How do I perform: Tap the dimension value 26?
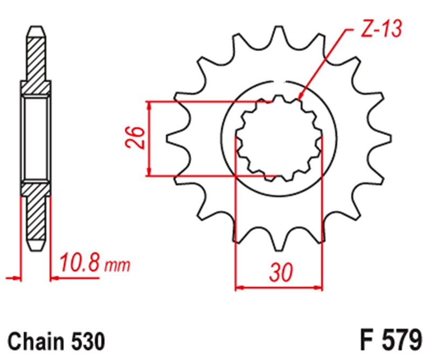[x=135, y=138]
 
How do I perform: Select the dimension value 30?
[x=281, y=273]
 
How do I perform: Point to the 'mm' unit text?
[x=117, y=266]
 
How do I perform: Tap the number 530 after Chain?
[x=88, y=341]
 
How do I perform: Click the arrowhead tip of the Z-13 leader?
[x=298, y=100]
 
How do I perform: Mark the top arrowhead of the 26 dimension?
[x=149, y=102]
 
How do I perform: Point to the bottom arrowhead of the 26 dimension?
[x=149, y=175]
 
